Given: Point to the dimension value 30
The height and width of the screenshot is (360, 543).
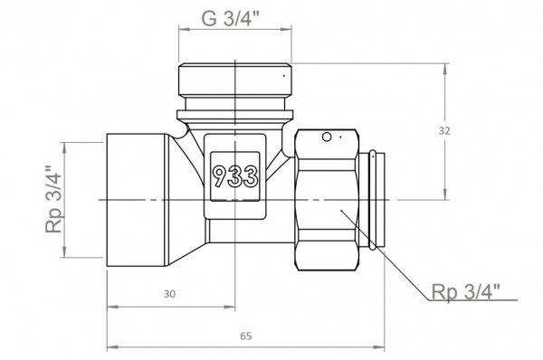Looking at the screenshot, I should coord(170,294).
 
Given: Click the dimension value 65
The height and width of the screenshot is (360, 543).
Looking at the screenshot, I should coord(246,336).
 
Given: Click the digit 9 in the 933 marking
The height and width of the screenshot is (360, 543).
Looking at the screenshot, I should coord(220,174).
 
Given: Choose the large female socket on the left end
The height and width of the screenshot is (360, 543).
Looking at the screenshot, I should coord(138,199).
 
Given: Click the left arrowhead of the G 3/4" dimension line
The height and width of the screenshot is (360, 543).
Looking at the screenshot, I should coord(180,30).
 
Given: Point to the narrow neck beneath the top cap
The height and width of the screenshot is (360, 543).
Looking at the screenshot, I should coord(233,117).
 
